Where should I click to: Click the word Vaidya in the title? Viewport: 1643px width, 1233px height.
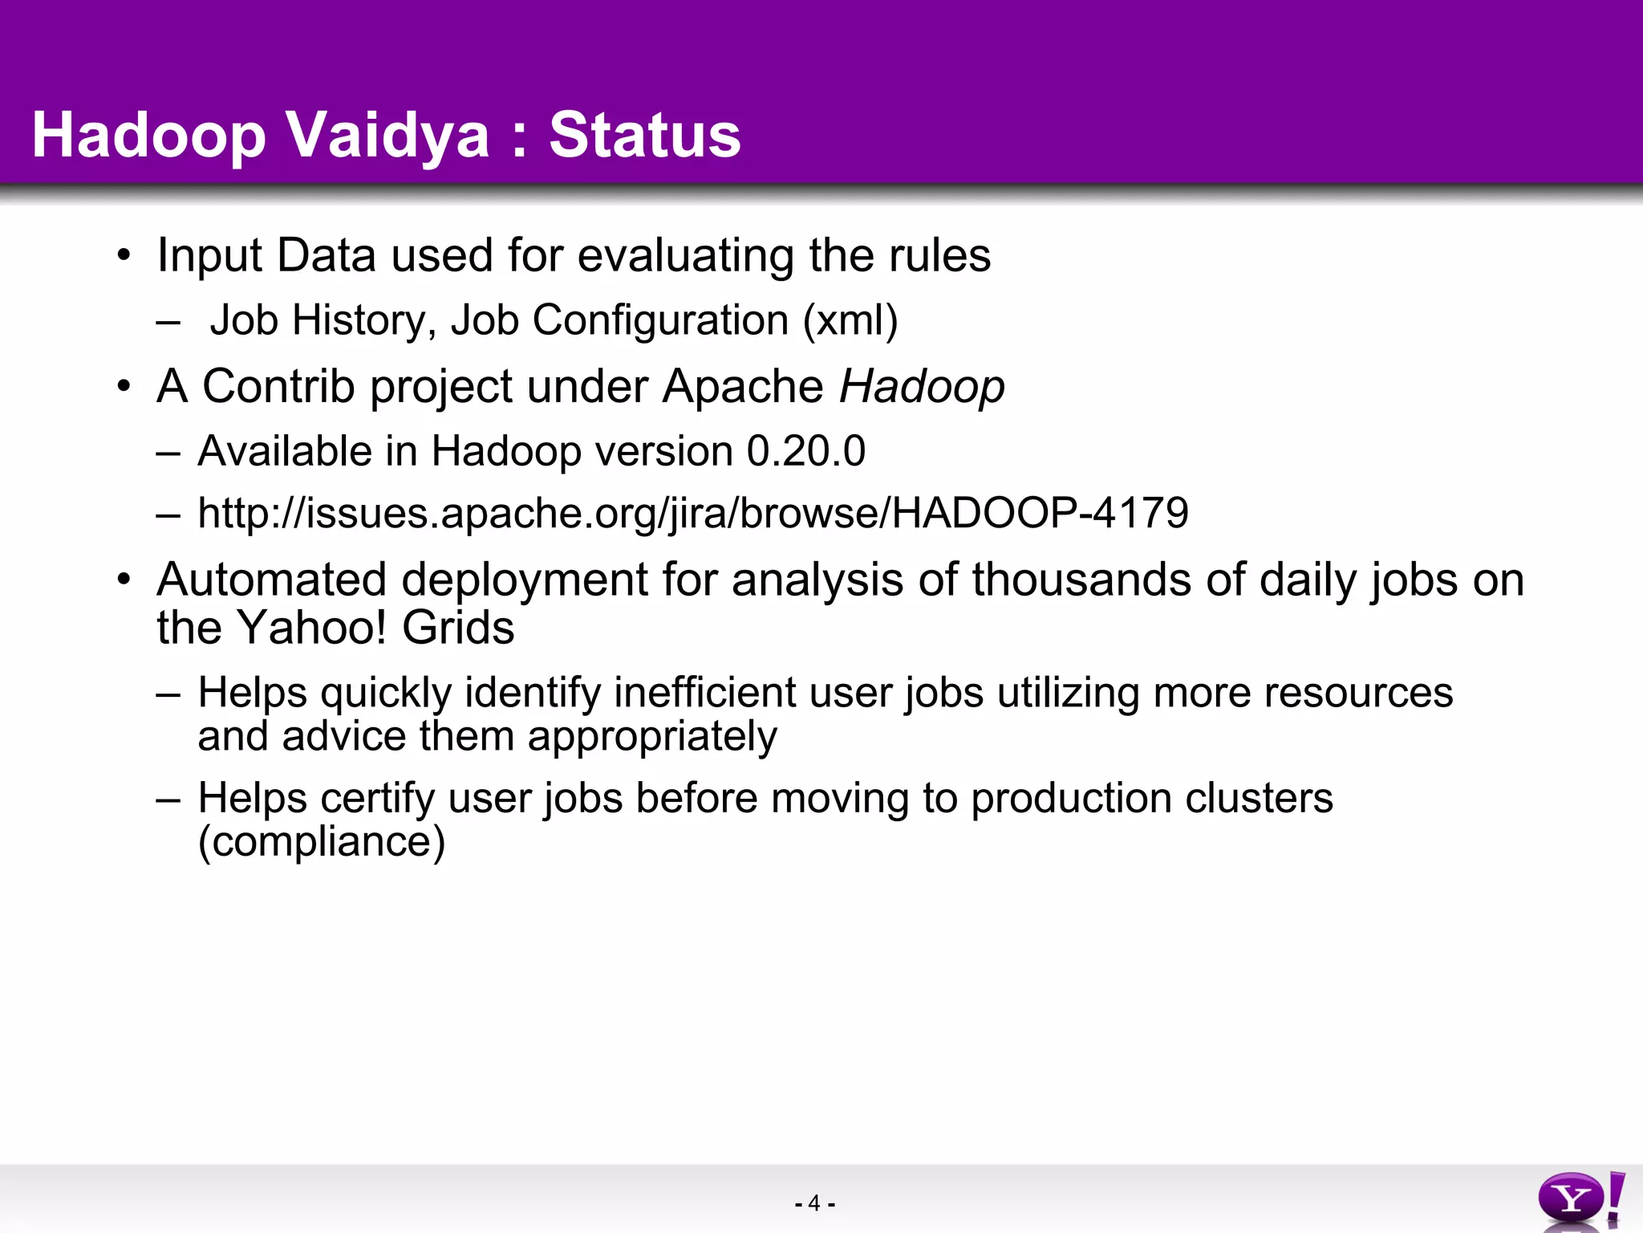click(387, 135)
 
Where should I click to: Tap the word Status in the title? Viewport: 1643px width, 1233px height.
click(645, 135)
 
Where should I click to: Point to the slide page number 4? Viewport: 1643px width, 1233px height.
click(814, 1203)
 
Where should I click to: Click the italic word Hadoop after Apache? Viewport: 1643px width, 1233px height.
click(922, 386)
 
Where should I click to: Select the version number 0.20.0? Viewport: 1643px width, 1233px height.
click(805, 450)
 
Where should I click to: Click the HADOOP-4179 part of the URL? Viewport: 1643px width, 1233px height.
click(1040, 513)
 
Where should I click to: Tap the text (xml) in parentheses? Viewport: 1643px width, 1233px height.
click(850, 319)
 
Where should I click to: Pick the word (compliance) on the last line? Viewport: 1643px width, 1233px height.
click(321, 841)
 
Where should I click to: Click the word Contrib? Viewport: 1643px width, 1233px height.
click(278, 386)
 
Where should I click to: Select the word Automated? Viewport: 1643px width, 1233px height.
click(271, 580)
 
